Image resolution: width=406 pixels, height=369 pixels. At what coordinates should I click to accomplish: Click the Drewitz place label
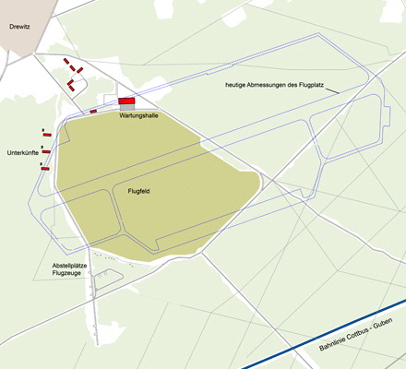(x=19, y=28)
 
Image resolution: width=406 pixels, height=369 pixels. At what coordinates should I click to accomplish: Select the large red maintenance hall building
(x=125, y=101)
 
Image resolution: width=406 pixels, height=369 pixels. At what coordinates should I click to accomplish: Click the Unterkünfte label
(x=22, y=151)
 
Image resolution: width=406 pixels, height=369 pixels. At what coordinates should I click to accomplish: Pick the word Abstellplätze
(x=70, y=267)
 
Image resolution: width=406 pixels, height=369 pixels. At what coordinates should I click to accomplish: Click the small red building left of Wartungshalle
(x=93, y=112)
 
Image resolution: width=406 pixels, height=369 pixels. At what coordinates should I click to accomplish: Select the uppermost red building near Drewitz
(x=66, y=61)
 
